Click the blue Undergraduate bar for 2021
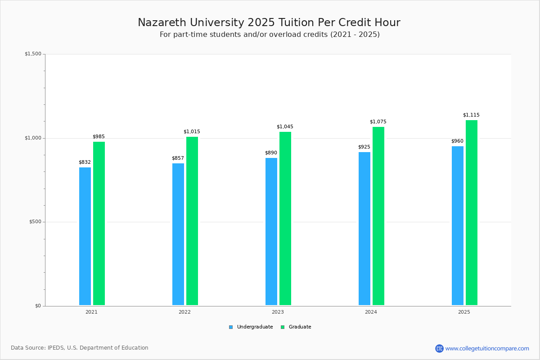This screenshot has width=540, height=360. (85, 236)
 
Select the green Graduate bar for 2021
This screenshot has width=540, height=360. (99, 224)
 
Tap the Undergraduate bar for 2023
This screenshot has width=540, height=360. (271, 231)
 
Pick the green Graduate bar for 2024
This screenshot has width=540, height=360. (378, 216)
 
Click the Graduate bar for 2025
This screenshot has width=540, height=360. (472, 212)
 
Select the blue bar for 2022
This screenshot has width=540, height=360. (178, 234)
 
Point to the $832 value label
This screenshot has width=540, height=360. (85, 162)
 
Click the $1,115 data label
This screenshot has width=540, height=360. (471, 115)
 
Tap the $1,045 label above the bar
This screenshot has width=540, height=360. (285, 127)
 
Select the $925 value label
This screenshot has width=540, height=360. (364, 147)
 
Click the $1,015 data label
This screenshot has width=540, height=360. (192, 132)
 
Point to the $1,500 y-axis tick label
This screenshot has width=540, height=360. (33, 54)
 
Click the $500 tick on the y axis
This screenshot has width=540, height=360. (35, 222)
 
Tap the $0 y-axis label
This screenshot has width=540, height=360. (38, 306)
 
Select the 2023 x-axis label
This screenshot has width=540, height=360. (278, 312)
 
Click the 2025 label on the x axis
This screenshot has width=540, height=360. (464, 312)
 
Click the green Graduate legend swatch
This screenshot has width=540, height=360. (283, 327)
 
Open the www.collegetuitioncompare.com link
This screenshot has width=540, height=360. (487, 348)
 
